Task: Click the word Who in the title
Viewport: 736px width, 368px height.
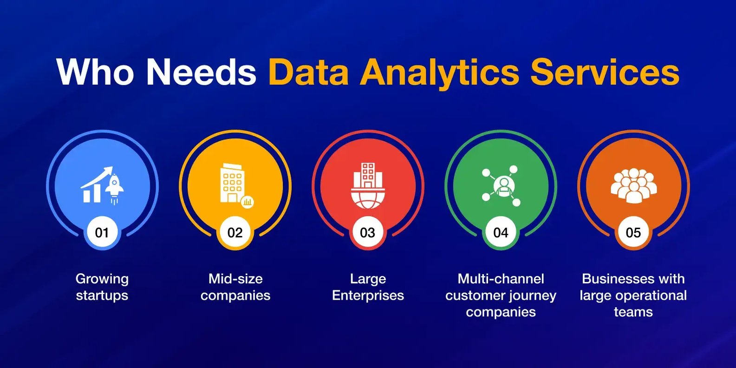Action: (x=95, y=72)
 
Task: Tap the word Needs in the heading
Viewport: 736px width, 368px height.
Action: (x=201, y=72)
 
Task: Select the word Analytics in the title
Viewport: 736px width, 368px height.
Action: (x=440, y=74)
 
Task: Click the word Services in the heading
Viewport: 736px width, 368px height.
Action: (x=605, y=72)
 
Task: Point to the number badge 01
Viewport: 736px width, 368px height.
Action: (x=102, y=232)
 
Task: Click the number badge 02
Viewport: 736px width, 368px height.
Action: (x=235, y=232)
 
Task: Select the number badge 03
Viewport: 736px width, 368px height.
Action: (x=368, y=232)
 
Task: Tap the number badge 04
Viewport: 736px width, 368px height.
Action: (x=501, y=232)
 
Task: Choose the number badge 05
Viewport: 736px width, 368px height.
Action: (x=633, y=232)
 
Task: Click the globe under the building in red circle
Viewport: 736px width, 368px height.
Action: (x=368, y=199)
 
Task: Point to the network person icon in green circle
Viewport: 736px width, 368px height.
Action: (x=501, y=186)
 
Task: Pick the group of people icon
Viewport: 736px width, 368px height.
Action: (x=633, y=185)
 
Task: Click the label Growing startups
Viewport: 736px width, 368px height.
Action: (x=102, y=287)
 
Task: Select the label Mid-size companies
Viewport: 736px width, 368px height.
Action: (x=235, y=287)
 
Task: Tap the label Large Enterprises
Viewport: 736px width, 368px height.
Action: (x=368, y=287)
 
